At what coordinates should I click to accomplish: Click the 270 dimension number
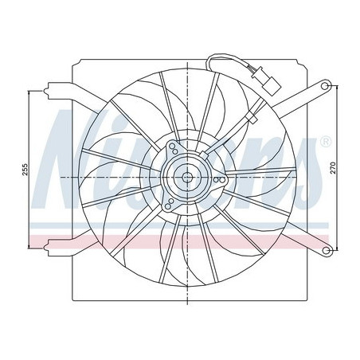pos(344,168)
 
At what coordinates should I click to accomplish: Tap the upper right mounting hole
pos(327,84)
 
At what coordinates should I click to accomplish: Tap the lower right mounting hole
pos(327,252)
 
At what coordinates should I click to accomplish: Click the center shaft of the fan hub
pos(186,178)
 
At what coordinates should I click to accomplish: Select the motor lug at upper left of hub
pos(173,148)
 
